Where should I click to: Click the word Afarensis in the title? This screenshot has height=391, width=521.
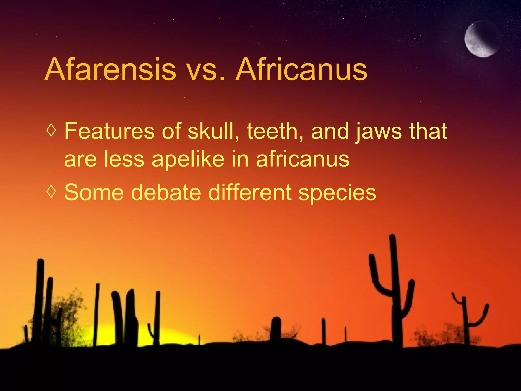pos(110,69)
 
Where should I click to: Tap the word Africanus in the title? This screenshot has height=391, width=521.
pos(301,69)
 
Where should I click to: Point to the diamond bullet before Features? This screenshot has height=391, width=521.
pos(51,131)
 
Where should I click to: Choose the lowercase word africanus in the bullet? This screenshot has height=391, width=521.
pos(302,159)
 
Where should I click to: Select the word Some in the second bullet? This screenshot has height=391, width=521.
pos(94,192)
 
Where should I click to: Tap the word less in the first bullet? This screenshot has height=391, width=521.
pos(124,159)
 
